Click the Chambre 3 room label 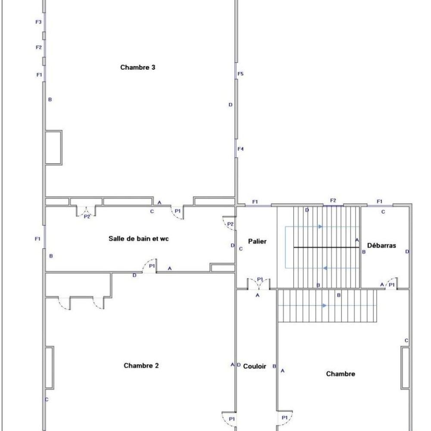138,67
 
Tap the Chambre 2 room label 141,365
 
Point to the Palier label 257,241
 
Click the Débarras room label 381,246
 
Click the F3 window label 39,22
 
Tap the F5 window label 240,74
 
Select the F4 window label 240,149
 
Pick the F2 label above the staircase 333,200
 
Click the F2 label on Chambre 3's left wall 39,47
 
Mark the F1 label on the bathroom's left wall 38,239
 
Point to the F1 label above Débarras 379,201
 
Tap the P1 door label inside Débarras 391,285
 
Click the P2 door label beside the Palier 230,224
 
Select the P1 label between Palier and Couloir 260,280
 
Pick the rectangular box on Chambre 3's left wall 54,147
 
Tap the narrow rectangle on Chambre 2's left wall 50,368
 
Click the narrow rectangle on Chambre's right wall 405,368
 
